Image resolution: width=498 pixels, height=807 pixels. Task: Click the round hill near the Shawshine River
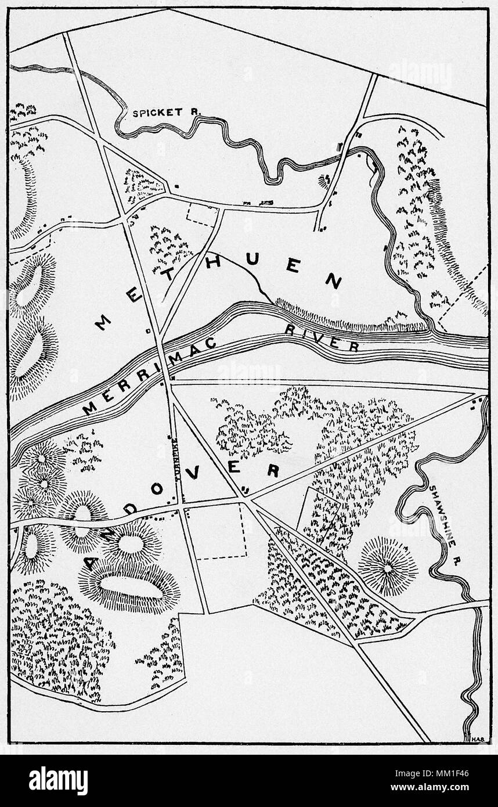coord(387,565)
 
